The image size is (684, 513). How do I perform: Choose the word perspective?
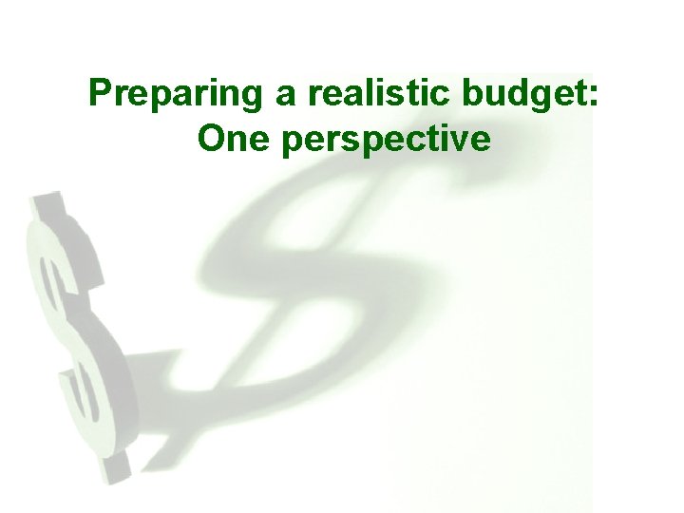click(389, 141)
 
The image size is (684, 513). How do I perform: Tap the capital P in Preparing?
click(99, 94)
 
